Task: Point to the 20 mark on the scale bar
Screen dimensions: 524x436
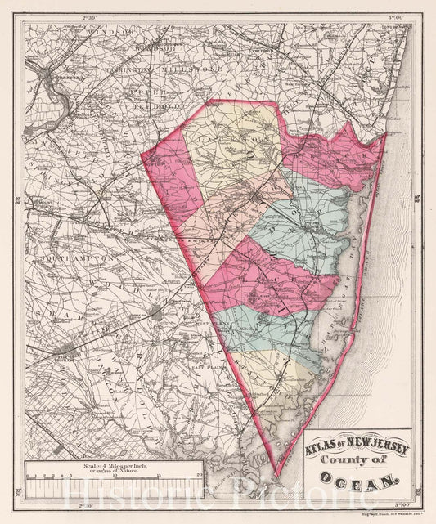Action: click(x=200, y=474)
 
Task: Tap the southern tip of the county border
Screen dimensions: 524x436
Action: click(x=276, y=477)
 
